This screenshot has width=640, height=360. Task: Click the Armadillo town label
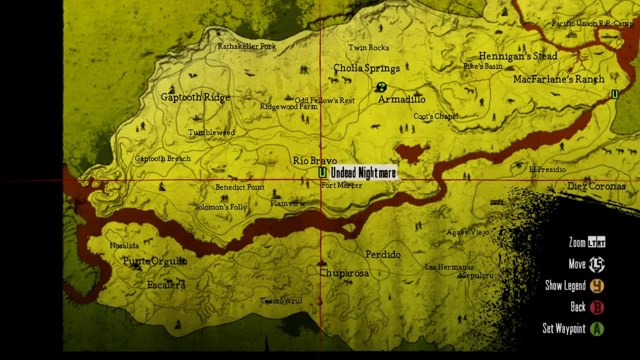(401, 99)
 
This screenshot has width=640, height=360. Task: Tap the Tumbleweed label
(211, 132)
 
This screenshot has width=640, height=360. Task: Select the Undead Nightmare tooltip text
(363, 173)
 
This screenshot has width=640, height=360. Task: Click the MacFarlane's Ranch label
(558, 79)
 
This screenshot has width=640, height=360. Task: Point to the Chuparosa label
(344, 273)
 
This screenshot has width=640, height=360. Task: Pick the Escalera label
(166, 285)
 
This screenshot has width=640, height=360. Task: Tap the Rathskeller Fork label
(247, 46)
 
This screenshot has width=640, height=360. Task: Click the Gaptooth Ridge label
(195, 97)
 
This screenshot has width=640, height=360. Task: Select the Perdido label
(383, 254)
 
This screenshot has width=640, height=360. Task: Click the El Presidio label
(547, 169)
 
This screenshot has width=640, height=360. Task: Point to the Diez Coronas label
(596, 186)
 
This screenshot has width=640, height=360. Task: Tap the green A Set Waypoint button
(596, 328)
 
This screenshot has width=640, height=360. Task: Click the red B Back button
(596, 307)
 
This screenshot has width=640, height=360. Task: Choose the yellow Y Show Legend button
(596, 285)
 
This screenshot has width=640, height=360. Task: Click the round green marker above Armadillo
(381, 87)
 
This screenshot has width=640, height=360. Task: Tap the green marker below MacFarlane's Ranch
(615, 94)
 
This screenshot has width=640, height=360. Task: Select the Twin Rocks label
(368, 47)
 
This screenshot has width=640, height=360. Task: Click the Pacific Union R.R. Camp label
(592, 23)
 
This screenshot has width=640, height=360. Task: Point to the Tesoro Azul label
(281, 300)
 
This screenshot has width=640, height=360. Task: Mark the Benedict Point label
(240, 187)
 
